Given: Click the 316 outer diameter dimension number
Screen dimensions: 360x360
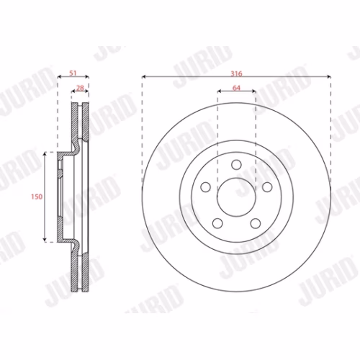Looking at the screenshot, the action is click(x=236, y=73).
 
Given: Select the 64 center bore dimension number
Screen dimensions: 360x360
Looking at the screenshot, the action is click(x=236, y=88).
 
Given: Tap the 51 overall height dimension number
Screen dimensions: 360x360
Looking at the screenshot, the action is click(x=73, y=73).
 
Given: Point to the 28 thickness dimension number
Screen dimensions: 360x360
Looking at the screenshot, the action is click(x=80, y=88).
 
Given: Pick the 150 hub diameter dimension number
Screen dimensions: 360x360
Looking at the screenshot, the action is click(x=37, y=197).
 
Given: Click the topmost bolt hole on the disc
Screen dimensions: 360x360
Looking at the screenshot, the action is click(x=236, y=165).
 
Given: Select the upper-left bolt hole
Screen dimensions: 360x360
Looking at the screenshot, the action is click(x=205, y=187).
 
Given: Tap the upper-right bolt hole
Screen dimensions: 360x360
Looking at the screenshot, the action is click(x=267, y=187).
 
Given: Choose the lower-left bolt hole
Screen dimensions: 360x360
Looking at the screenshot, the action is click(x=217, y=223).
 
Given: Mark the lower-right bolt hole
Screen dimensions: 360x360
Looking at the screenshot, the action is click(x=256, y=223).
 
